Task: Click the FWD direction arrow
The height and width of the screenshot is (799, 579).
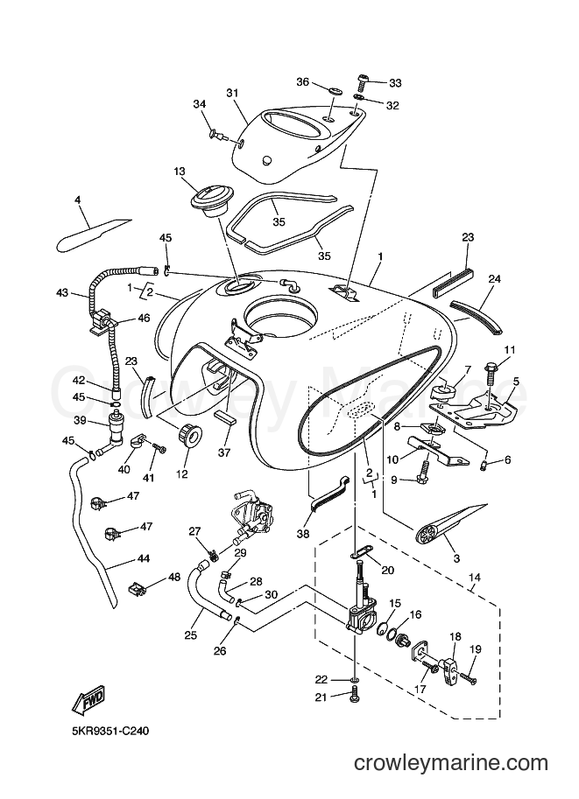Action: (88, 701)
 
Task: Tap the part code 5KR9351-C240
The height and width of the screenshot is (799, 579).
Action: (110, 732)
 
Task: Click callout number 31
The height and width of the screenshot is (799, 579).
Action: (233, 93)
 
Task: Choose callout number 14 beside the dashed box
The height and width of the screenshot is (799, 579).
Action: (475, 578)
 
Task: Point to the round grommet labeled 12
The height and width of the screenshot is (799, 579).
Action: (190, 437)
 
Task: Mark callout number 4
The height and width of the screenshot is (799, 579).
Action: (78, 200)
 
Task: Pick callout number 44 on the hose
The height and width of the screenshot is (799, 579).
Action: (144, 558)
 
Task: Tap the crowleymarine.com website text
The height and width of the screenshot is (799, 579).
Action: (451, 777)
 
